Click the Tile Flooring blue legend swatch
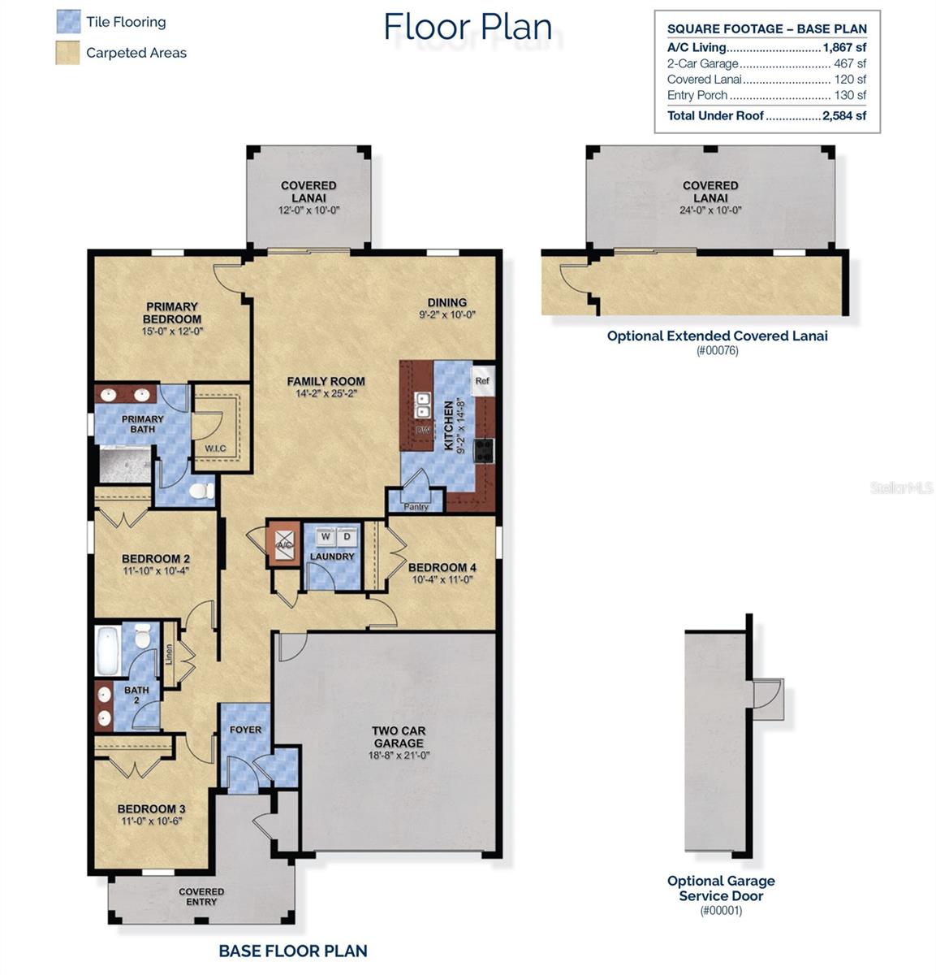click(68, 22)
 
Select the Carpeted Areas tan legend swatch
click(68, 53)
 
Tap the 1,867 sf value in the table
click(844, 48)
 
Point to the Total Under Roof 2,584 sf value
click(844, 115)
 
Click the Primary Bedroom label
click(172, 313)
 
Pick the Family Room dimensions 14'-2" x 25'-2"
click(326, 393)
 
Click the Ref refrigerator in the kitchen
click(482, 381)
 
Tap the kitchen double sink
click(423, 400)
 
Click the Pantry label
click(416, 507)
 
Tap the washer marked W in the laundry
click(326, 536)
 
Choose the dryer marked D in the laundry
click(347, 536)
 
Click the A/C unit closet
click(284, 544)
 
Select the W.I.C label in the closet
click(215, 448)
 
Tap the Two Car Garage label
click(399, 736)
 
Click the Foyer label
click(245, 730)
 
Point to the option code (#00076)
click(717, 351)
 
